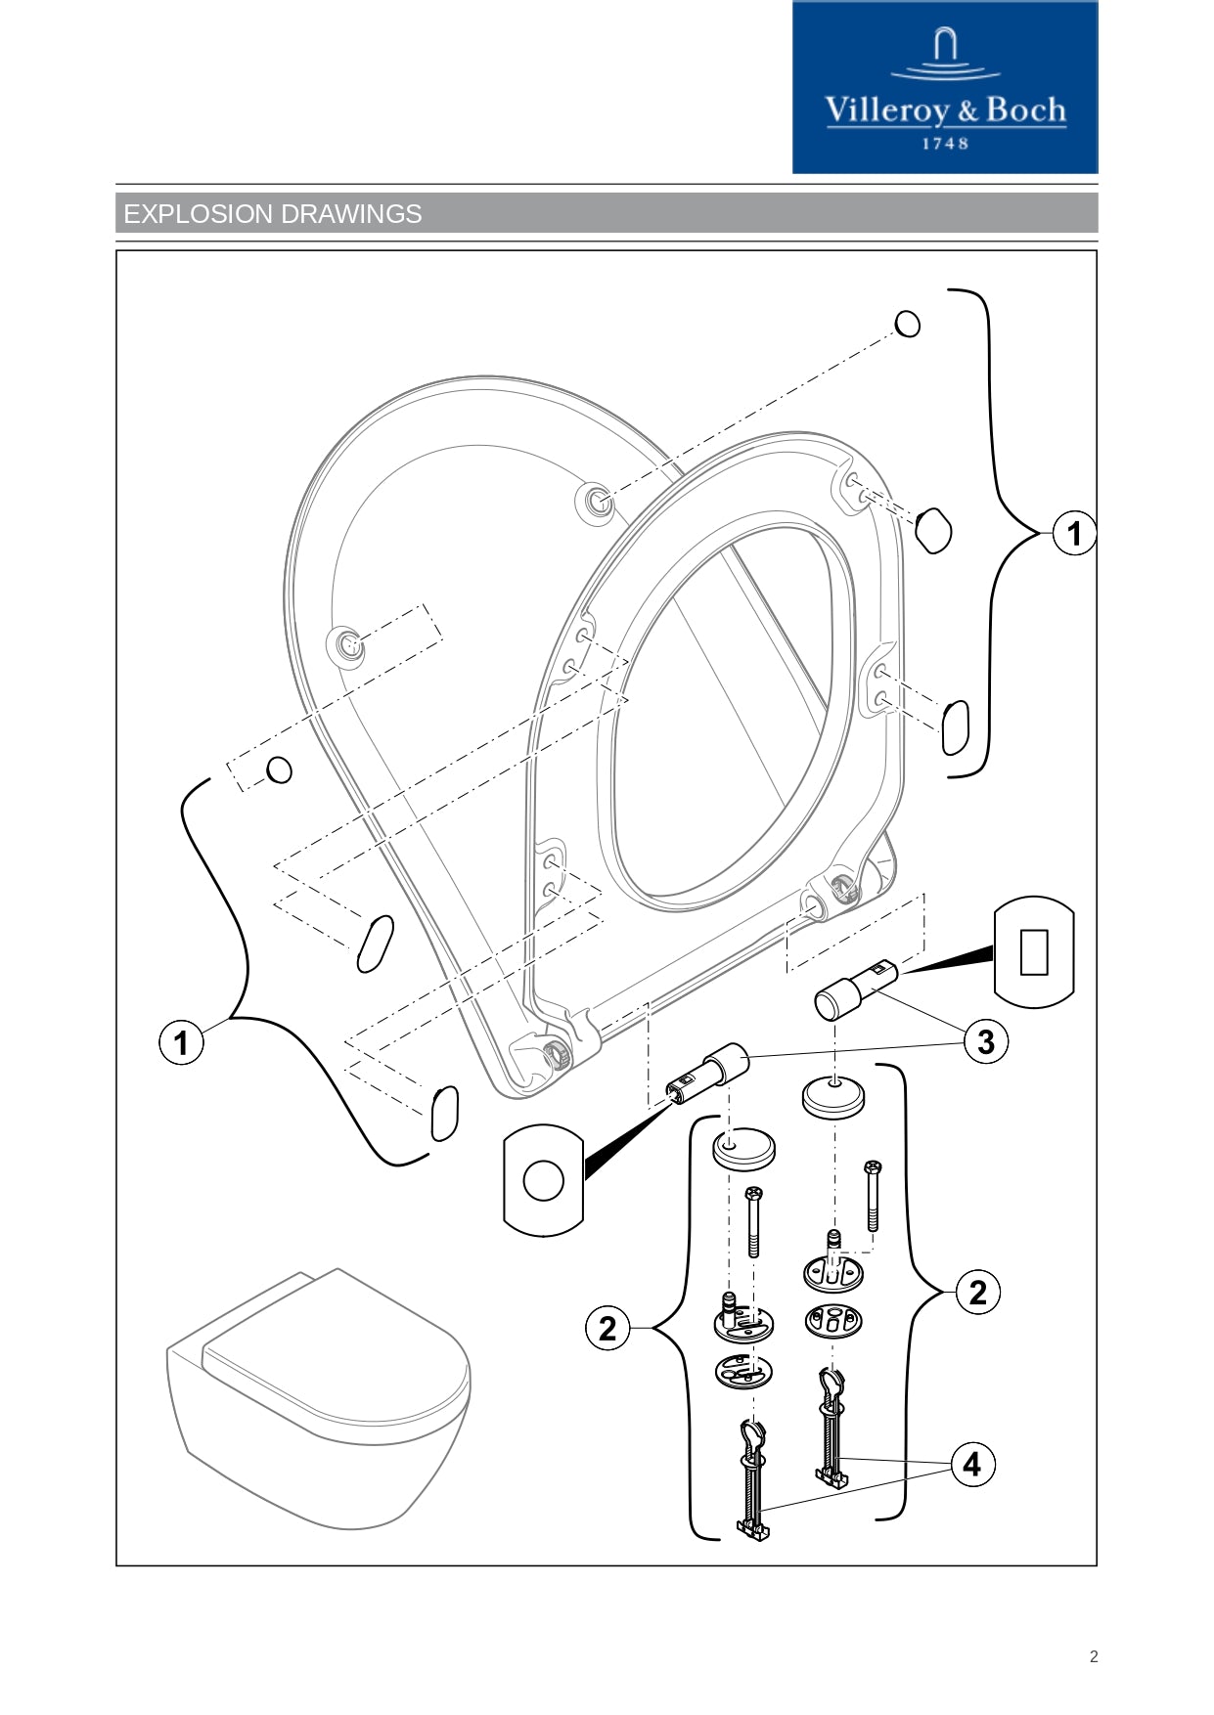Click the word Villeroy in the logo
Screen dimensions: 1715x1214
pos(886,110)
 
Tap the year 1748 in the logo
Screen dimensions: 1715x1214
pos(945,144)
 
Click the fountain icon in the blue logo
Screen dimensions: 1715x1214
pos(944,54)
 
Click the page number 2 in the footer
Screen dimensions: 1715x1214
pos(1094,1656)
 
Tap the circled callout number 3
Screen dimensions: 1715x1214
pos(985,1041)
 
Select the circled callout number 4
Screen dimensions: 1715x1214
pos(971,1464)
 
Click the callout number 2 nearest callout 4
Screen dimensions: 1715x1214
pos(977,1293)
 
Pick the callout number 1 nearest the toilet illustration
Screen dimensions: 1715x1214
pos(181,1042)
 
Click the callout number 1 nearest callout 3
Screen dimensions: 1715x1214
pos(1074,533)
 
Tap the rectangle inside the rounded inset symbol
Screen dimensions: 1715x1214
pos(1034,951)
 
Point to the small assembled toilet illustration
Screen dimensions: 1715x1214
pos(318,1398)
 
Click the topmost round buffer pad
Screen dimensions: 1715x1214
pos(908,324)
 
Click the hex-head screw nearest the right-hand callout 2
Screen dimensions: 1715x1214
pos(873,1195)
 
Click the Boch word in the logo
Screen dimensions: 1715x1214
pos(1025,110)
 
